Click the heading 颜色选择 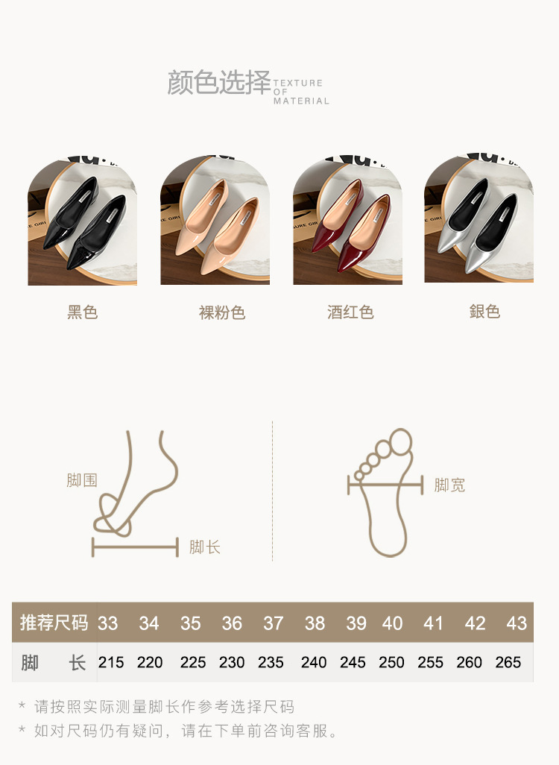tap(219, 82)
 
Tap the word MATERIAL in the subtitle tap(301, 101)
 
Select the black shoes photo tap(83, 221)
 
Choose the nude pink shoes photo tap(215, 221)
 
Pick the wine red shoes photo tap(348, 221)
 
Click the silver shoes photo tap(479, 219)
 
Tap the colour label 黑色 tap(83, 312)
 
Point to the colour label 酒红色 tap(350, 312)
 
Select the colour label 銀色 tap(484, 311)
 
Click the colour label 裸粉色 tap(222, 312)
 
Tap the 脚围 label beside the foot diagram tap(82, 480)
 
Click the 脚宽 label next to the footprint tap(449, 485)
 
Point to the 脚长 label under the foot tap(205, 547)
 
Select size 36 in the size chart tap(232, 623)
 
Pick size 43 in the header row tap(517, 623)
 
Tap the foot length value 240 tap(314, 662)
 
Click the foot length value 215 tap(111, 662)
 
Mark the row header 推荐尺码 tap(54, 623)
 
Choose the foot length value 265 tap(508, 662)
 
